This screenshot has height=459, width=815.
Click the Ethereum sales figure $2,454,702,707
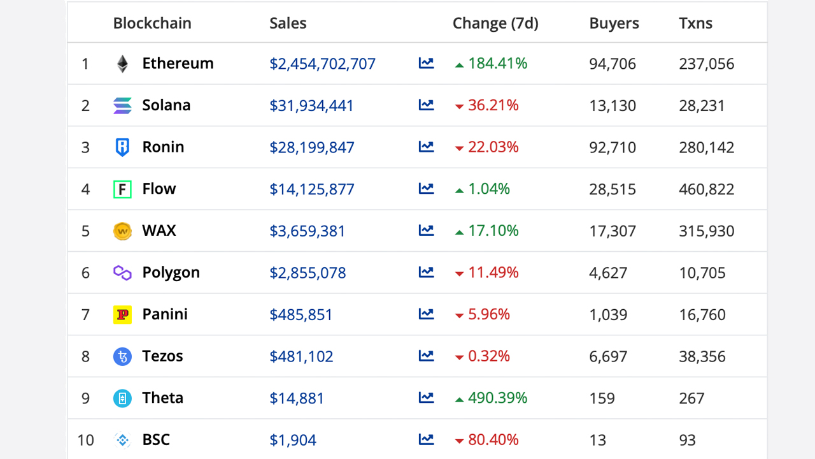point(322,64)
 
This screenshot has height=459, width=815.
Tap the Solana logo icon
point(122,106)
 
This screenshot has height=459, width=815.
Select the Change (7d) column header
point(495,24)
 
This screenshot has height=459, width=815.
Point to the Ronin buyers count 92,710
point(613,147)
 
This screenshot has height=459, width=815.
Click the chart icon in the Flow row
point(426,189)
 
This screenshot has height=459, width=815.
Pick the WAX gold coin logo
point(122,231)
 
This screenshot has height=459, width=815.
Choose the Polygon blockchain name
point(171,273)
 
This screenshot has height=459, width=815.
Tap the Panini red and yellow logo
point(122,314)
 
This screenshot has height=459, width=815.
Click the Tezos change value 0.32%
point(489,356)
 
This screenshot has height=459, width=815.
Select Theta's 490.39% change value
point(497,398)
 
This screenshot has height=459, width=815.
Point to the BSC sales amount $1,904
point(293,440)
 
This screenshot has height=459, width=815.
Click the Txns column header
point(695,24)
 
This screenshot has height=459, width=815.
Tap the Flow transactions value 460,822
point(706,189)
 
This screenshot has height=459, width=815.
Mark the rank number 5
point(85,231)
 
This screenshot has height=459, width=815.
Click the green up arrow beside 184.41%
point(459,65)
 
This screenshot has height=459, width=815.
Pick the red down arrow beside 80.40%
point(459,441)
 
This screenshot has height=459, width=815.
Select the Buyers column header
point(614,24)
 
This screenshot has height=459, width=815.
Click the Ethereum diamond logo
point(122,64)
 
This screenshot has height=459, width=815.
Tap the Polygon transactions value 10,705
point(702,273)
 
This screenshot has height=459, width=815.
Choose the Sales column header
point(288,24)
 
